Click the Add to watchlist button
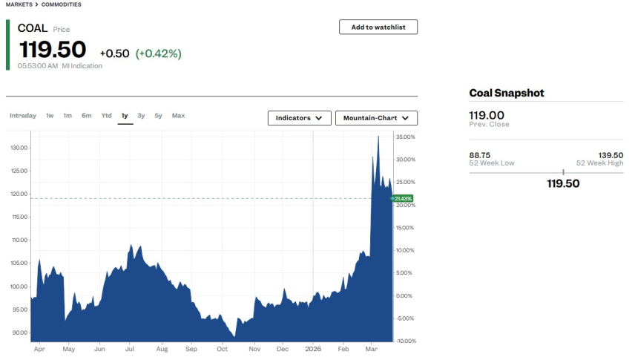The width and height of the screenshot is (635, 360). pos(378,27)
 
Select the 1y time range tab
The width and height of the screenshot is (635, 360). pos(125,116)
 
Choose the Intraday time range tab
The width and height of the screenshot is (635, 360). pos(23,116)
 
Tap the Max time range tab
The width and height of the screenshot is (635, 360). pos(178,116)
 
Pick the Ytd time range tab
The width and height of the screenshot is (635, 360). pos(106,116)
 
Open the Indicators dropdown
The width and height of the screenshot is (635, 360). pos(299,118)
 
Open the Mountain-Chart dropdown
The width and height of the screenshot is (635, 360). pos(376,118)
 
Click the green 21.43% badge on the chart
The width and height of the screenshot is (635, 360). pos(403,198)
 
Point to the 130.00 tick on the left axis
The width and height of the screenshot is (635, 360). pos(19,148)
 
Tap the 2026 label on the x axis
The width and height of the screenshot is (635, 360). pos(312,348)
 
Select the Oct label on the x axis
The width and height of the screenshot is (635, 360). pos(222,348)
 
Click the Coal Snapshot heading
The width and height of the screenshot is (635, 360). pos(507,94)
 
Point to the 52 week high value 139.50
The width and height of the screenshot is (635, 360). pos(611,155)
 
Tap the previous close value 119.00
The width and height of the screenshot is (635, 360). pos(487,115)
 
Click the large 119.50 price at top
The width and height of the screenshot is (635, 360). pos(53,50)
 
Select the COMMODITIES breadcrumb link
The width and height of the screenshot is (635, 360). pos(61,4)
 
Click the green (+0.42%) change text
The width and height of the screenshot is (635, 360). pos(158,53)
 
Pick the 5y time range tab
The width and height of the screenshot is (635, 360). pos(158,116)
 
